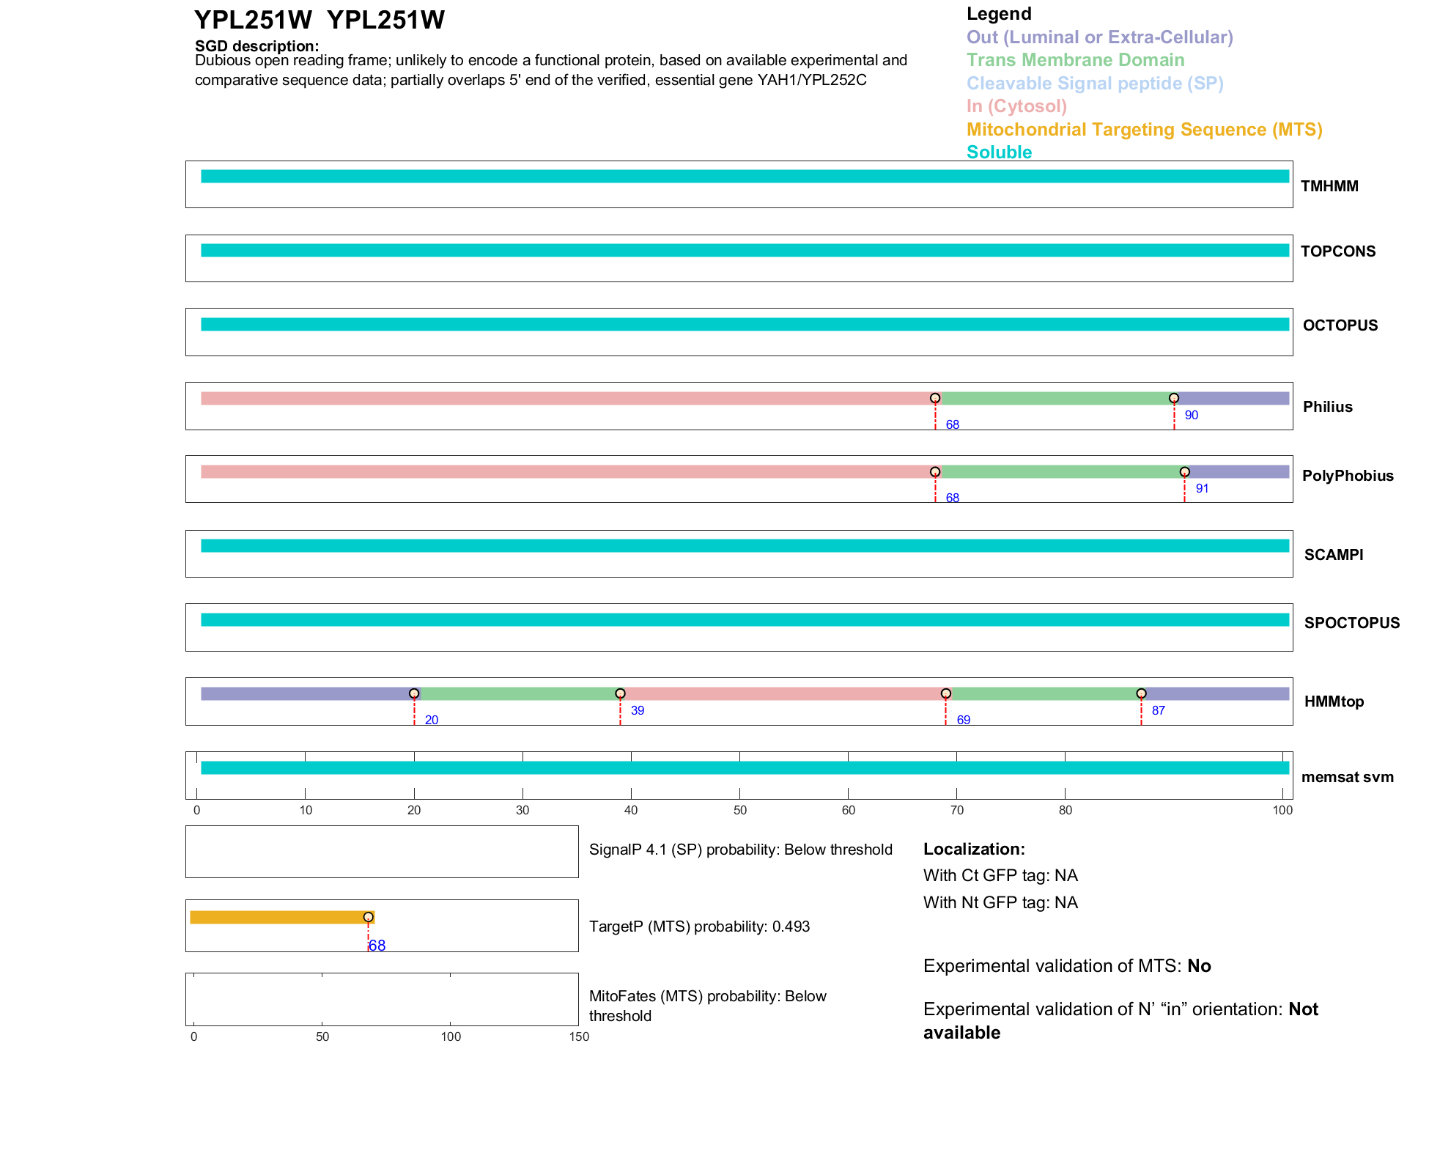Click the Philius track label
pyautogui.click(x=1327, y=407)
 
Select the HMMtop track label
pyautogui.click(x=1334, y=701)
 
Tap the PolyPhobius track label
pyautogui.click(x=1347, y=476)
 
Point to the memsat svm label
pyautogui.click(x=1347, y=777)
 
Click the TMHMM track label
pyautogui.click(x=1329, y=186)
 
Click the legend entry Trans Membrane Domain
pyautogui.click(x=1075, y=60)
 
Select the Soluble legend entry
pyautogui.click(x=999, y=152)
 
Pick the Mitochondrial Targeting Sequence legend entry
pyautogui.click(x=1144, y=130)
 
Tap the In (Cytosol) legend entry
pyautogui.click(x=1016, y=106)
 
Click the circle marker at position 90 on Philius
pyautogui.click(x=1174, y=398)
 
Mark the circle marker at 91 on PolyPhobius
pyautogui.click(x=1185, y=472)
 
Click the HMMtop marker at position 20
pyautogui.click(x=414, y=693)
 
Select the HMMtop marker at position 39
pyautogui.click(x=620, y=693)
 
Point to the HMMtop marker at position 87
pyautogui.click(x=1141, y=693)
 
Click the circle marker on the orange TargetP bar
pyautogui.click(x=369, y=917)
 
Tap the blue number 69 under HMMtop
pyautogui.click(x=963, y=720)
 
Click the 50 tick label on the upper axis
pyautogui.click(x=739, y=810)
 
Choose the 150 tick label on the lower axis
pyautogui.click(x=579, y=1036)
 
